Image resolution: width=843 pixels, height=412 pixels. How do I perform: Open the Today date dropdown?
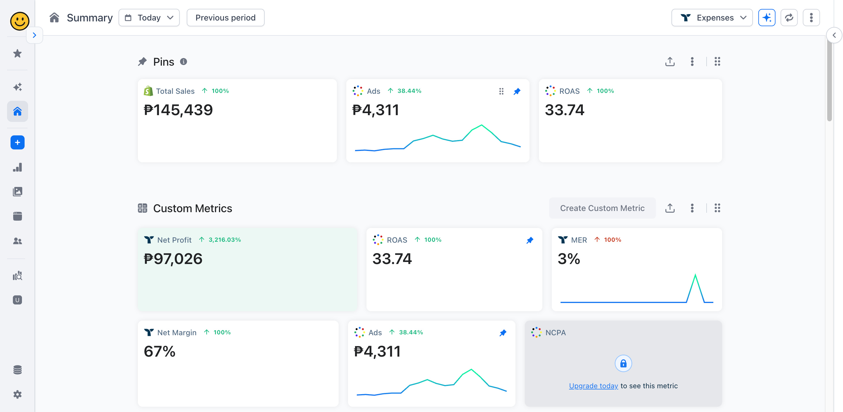149,18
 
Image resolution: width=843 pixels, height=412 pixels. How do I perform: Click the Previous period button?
225,18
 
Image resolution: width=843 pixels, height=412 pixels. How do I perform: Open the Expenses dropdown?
712,18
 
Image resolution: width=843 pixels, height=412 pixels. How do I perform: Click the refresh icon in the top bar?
789,18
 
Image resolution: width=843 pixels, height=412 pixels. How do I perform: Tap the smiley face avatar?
20,21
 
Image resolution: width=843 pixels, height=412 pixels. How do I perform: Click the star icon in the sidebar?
17,53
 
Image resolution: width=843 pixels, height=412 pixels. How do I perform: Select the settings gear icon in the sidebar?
17,394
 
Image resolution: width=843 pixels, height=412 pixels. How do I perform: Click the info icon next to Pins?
184,62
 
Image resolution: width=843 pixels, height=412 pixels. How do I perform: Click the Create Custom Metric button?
602,208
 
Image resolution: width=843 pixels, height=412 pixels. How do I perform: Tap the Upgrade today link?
593,386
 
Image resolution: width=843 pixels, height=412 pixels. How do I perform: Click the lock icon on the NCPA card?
623,363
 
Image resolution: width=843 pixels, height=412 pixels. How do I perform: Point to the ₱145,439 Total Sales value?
178,110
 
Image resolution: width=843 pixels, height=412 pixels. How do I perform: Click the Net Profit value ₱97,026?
173,259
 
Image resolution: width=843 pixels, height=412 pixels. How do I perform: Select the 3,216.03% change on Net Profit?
225,240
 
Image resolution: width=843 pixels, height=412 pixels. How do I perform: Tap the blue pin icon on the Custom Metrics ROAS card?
530,240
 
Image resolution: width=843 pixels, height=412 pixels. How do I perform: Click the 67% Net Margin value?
159,351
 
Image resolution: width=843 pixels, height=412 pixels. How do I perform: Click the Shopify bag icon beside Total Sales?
148,91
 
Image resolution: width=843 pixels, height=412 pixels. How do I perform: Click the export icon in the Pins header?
670,62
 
